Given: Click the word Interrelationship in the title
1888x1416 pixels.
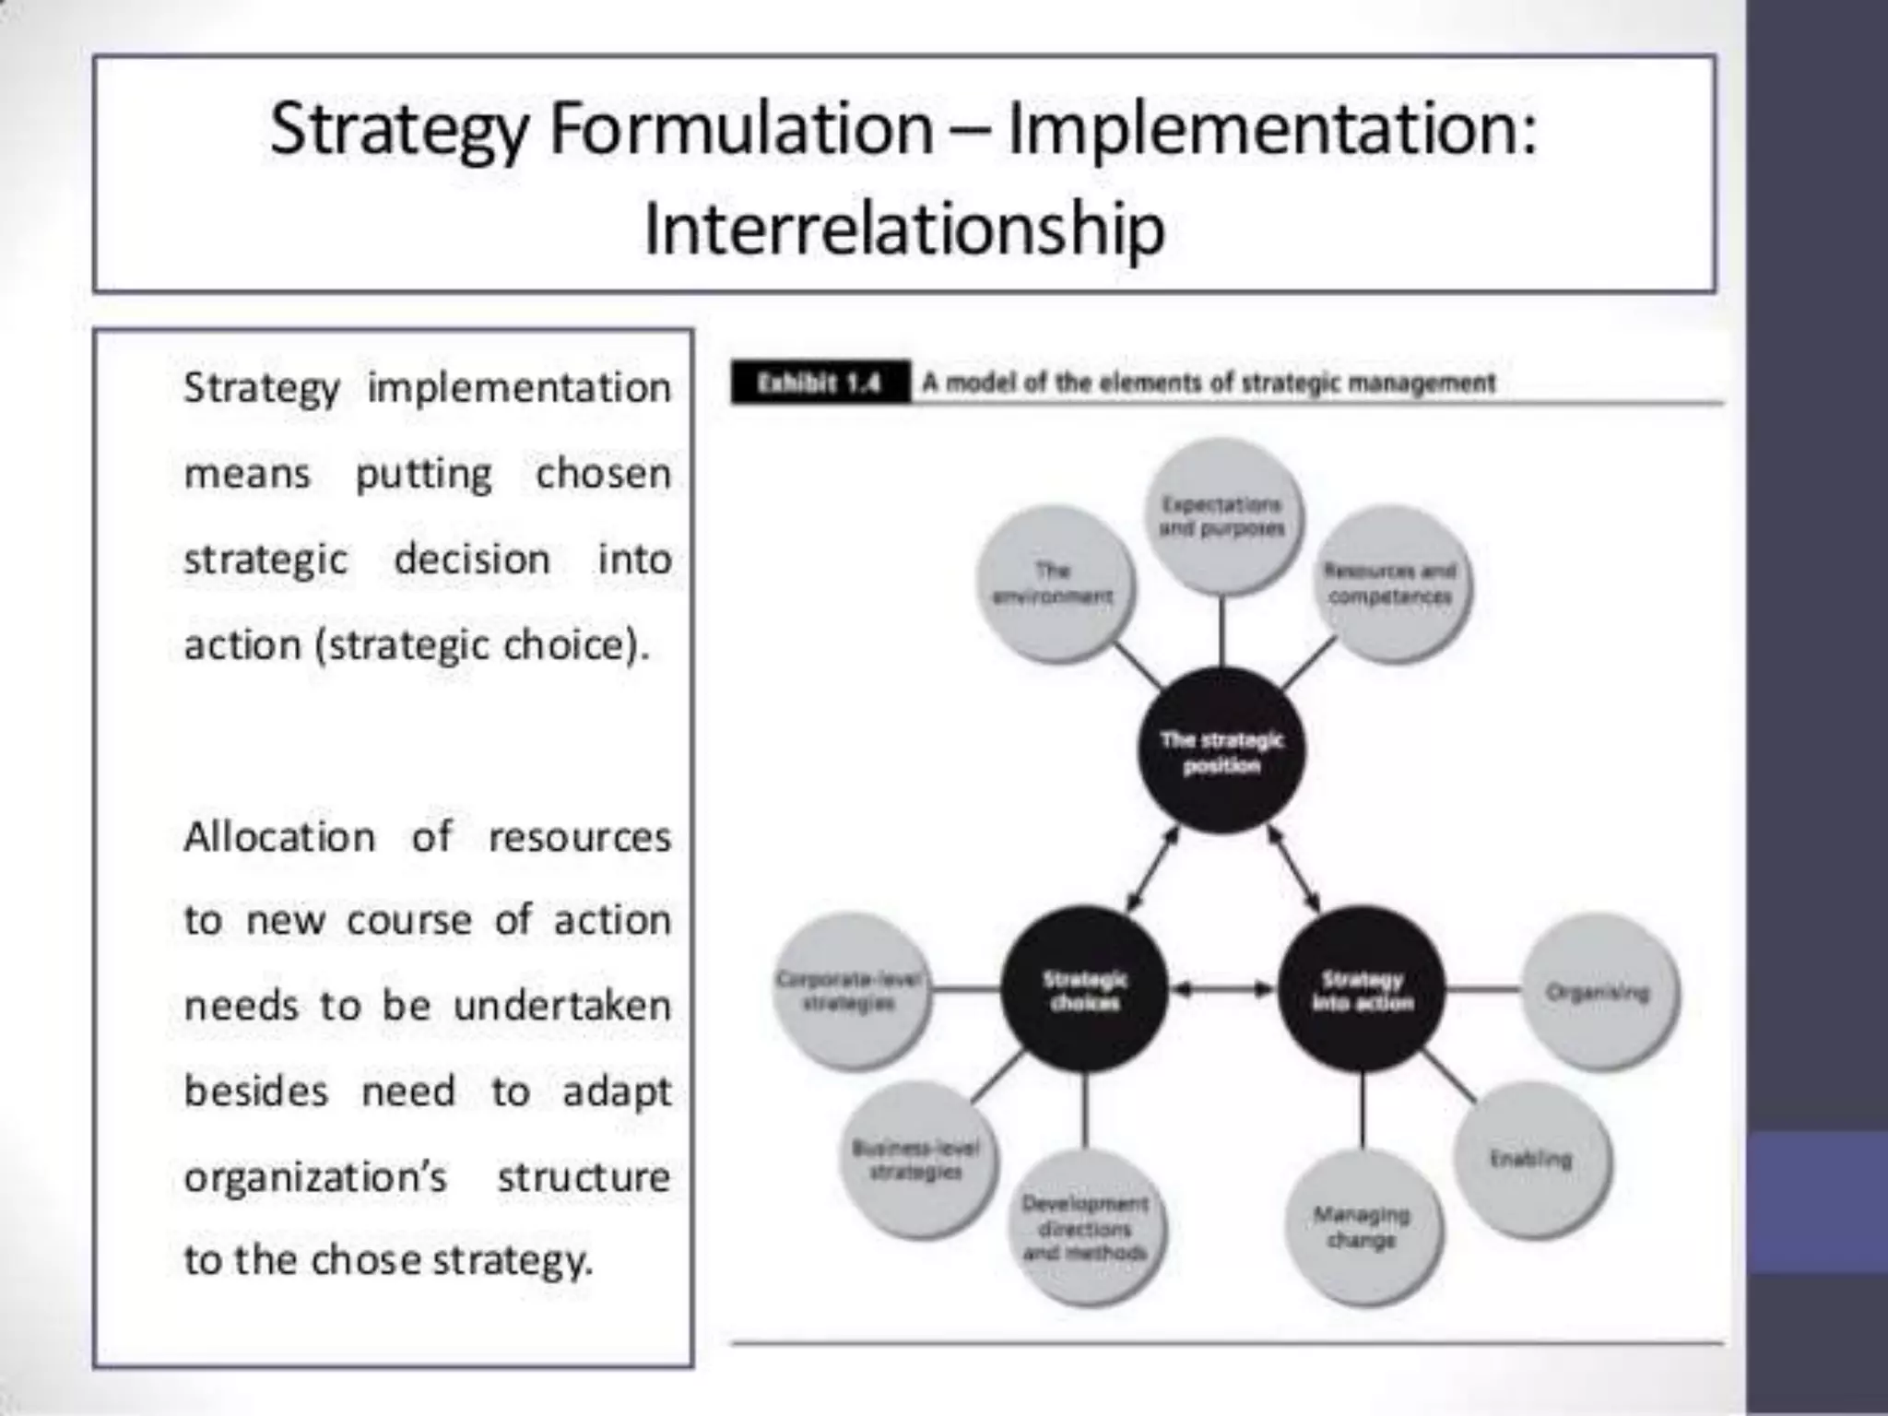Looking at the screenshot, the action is (903, 229).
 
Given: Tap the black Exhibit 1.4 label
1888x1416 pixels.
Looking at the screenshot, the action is (820, 383).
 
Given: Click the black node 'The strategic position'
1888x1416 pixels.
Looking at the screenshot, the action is (1221, 751).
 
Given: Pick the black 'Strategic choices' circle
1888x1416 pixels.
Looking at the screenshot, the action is (1084, 990).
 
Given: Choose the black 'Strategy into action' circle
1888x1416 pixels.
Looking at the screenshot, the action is (1362, 990).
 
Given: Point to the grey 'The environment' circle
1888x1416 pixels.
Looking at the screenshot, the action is (1054, 584).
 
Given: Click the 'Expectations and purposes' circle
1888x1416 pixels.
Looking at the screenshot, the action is (1221, 516).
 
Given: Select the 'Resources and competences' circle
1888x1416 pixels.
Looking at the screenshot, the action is (1390, 583).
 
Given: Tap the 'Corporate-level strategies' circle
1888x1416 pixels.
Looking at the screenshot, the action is (849, 991).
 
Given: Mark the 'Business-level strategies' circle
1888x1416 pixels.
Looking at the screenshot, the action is (916, 1160).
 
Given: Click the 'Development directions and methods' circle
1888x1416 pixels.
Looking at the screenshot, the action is (1085, 1228).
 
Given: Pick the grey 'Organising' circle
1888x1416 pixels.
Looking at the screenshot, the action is (1598, 992).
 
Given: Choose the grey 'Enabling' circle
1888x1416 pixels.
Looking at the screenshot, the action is (1530, 1159).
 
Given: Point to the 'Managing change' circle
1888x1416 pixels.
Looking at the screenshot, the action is (1362, 1227).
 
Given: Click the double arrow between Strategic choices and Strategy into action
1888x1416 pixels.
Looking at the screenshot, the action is (1223, 990).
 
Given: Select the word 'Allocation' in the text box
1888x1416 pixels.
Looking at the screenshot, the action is (279, 837).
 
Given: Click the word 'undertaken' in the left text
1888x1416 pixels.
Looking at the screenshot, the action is (562, 1005).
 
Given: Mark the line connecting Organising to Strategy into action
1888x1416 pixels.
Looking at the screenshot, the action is (1482, 990).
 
